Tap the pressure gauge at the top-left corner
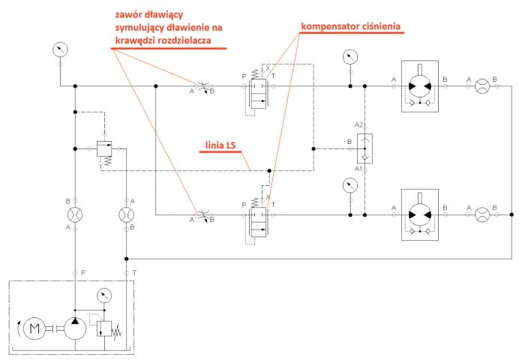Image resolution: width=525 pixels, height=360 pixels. pos(59,50)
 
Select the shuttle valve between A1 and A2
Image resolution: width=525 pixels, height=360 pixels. pos(364,147)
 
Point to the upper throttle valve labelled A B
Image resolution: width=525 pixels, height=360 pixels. pos(201,86)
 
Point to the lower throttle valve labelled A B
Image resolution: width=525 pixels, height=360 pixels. pos(201,214)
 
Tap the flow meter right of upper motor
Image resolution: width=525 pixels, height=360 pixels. pos(482,86)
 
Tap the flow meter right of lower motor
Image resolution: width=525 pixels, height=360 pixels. pos(482,214)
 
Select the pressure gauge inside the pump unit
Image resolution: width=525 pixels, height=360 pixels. pos(103,295)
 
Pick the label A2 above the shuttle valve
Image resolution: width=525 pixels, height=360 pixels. pos(359,125)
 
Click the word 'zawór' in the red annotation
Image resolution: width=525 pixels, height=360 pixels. pos(129,13)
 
